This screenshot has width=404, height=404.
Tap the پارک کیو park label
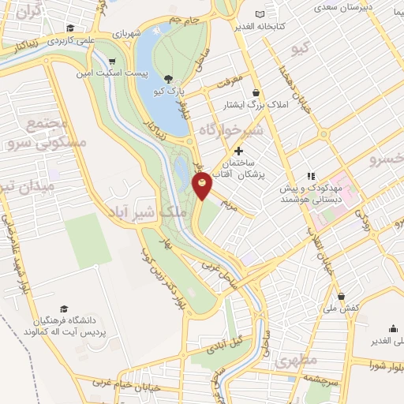point(169,92)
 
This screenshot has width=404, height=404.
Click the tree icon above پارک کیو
point(169,78)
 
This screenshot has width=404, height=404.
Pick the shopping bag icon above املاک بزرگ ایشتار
point(256,92)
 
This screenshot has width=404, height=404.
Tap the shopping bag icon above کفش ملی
point(341,296)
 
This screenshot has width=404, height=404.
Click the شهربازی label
point(124,34)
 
